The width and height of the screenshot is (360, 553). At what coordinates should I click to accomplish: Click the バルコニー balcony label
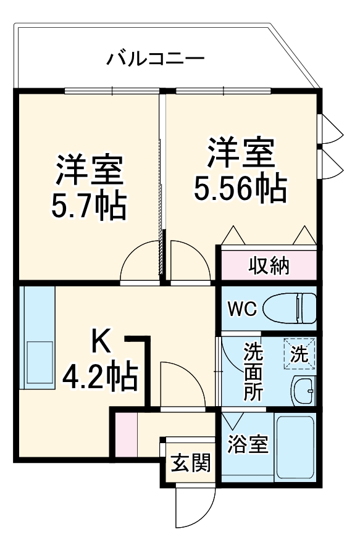[155, 60]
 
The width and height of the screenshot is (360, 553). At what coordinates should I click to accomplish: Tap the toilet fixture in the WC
[291, 307]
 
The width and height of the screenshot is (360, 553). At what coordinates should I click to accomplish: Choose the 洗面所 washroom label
[252, 373]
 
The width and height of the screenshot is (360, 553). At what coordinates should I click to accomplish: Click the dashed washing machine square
[299, 354]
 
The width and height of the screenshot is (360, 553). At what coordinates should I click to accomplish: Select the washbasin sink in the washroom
[303, 390]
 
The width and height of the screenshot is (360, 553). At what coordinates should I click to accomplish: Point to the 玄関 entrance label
[190, 462]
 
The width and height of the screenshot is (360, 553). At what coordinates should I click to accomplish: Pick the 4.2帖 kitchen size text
[100, 376]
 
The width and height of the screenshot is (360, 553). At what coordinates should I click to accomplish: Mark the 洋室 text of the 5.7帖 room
[90, 170]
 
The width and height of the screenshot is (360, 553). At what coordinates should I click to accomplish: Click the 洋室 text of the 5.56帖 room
[241, 153]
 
